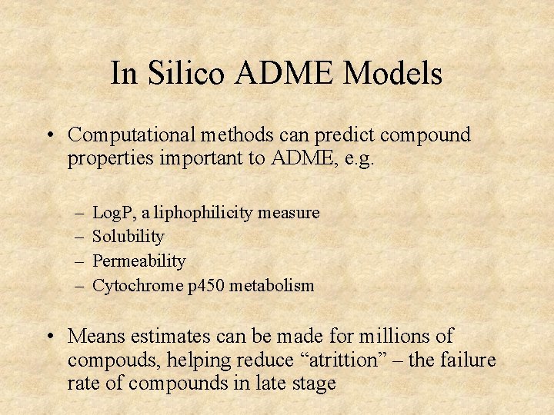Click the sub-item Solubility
128,237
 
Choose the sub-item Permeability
138,261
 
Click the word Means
95,337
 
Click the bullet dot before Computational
50,136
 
